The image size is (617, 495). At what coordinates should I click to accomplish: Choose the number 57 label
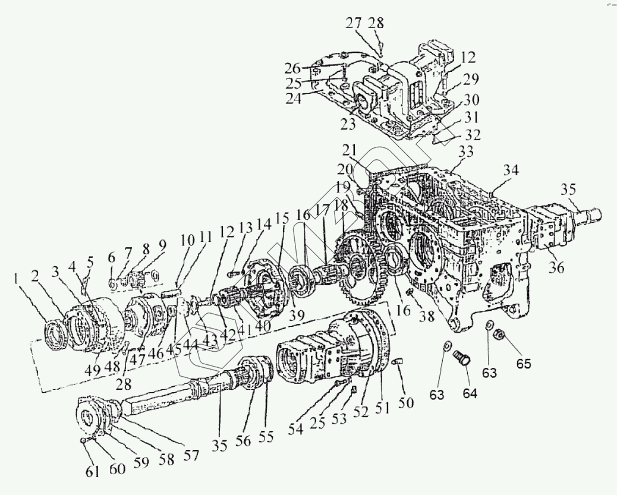190,455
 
